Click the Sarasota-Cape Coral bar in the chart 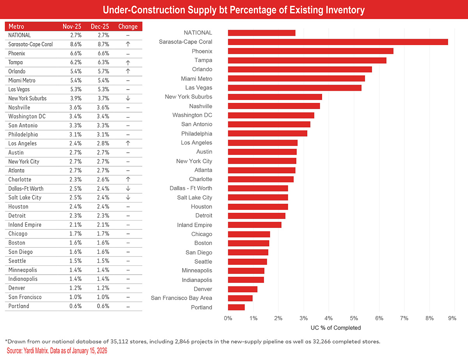[338, 42]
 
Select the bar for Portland [236, 307]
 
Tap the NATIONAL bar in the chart [262, 33]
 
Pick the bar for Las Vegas [295, 88]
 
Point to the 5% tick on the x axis [354, 318]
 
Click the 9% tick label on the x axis [452, 318]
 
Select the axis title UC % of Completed [336, 328]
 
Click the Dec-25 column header [99, 26]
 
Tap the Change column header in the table [128, 26]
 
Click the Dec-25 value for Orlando [99, 71]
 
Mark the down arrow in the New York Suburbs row [128, 99]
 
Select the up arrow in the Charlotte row [128, 180]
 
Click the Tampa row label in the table [16, 62]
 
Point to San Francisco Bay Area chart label [181, 298]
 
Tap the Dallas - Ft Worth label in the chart [191, 188]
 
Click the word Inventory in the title [342, 10]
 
